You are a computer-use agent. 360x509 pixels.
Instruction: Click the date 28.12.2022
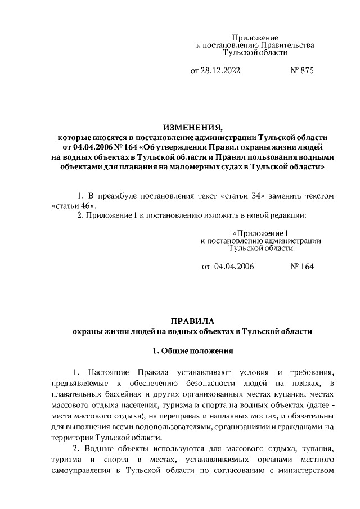click(221, 71)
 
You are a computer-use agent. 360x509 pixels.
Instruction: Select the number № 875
click(301, 71)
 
